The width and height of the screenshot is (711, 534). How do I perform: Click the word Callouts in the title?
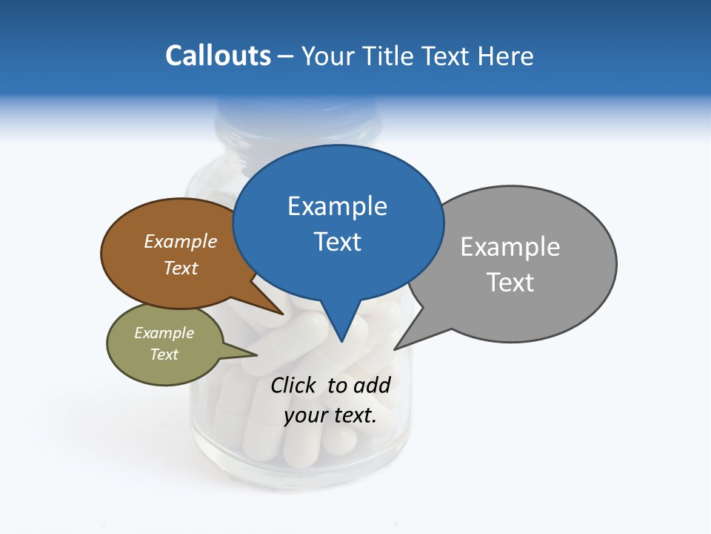pos(218,56)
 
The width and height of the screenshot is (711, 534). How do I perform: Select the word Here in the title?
pos(506,56)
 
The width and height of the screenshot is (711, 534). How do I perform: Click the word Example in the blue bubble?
pos(337,206)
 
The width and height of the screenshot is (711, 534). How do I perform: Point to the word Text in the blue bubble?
pos(337,242)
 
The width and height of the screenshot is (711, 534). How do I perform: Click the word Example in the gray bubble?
pos(510,247)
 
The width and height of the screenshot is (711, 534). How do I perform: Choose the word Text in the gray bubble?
pos(510,283)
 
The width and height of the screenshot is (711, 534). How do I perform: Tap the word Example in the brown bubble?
pos(181,241)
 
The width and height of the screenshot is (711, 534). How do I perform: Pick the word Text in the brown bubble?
pos(181,268)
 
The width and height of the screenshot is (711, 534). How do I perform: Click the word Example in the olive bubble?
pos(164,333)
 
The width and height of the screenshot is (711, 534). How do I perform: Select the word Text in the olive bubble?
pos(164,355)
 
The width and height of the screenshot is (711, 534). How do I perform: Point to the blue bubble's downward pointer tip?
pos(341,341)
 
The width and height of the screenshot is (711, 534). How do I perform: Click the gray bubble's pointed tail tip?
pos(395,349)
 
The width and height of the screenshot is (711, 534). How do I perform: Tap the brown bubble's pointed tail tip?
pos(283,314)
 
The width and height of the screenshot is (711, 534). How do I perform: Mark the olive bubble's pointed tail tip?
pos(256,355)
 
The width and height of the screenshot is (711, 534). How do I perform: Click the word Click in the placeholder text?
pos(293,385)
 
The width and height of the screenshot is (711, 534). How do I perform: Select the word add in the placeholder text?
pos(372,385)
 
